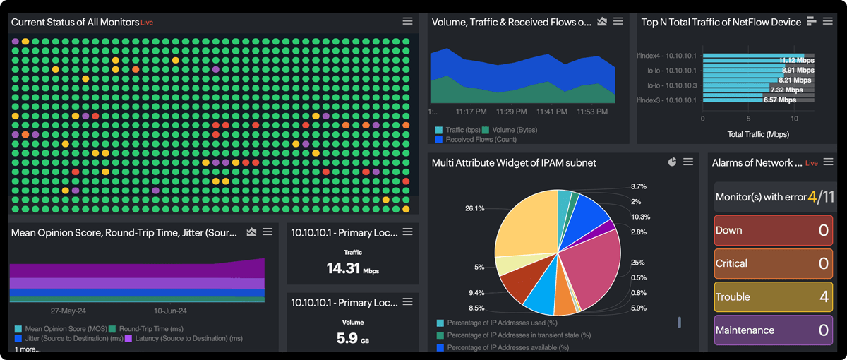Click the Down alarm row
click(773, 230)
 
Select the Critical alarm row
click(773, 263)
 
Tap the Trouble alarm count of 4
click(823, 297)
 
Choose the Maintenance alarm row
click(773, 330)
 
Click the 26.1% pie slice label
click(474, 208)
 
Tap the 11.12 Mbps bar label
click(796, 61)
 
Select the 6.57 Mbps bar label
click(781, 100)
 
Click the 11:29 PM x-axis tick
click(511, 112)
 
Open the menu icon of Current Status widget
click(407, 21)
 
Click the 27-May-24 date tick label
click(68, 311)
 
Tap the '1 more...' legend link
click(28, 349)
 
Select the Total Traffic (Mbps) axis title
click(758, 134)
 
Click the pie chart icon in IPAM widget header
click(672, 162)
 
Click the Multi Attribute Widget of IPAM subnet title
click(514, 163)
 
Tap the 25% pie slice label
click(637, 263)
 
